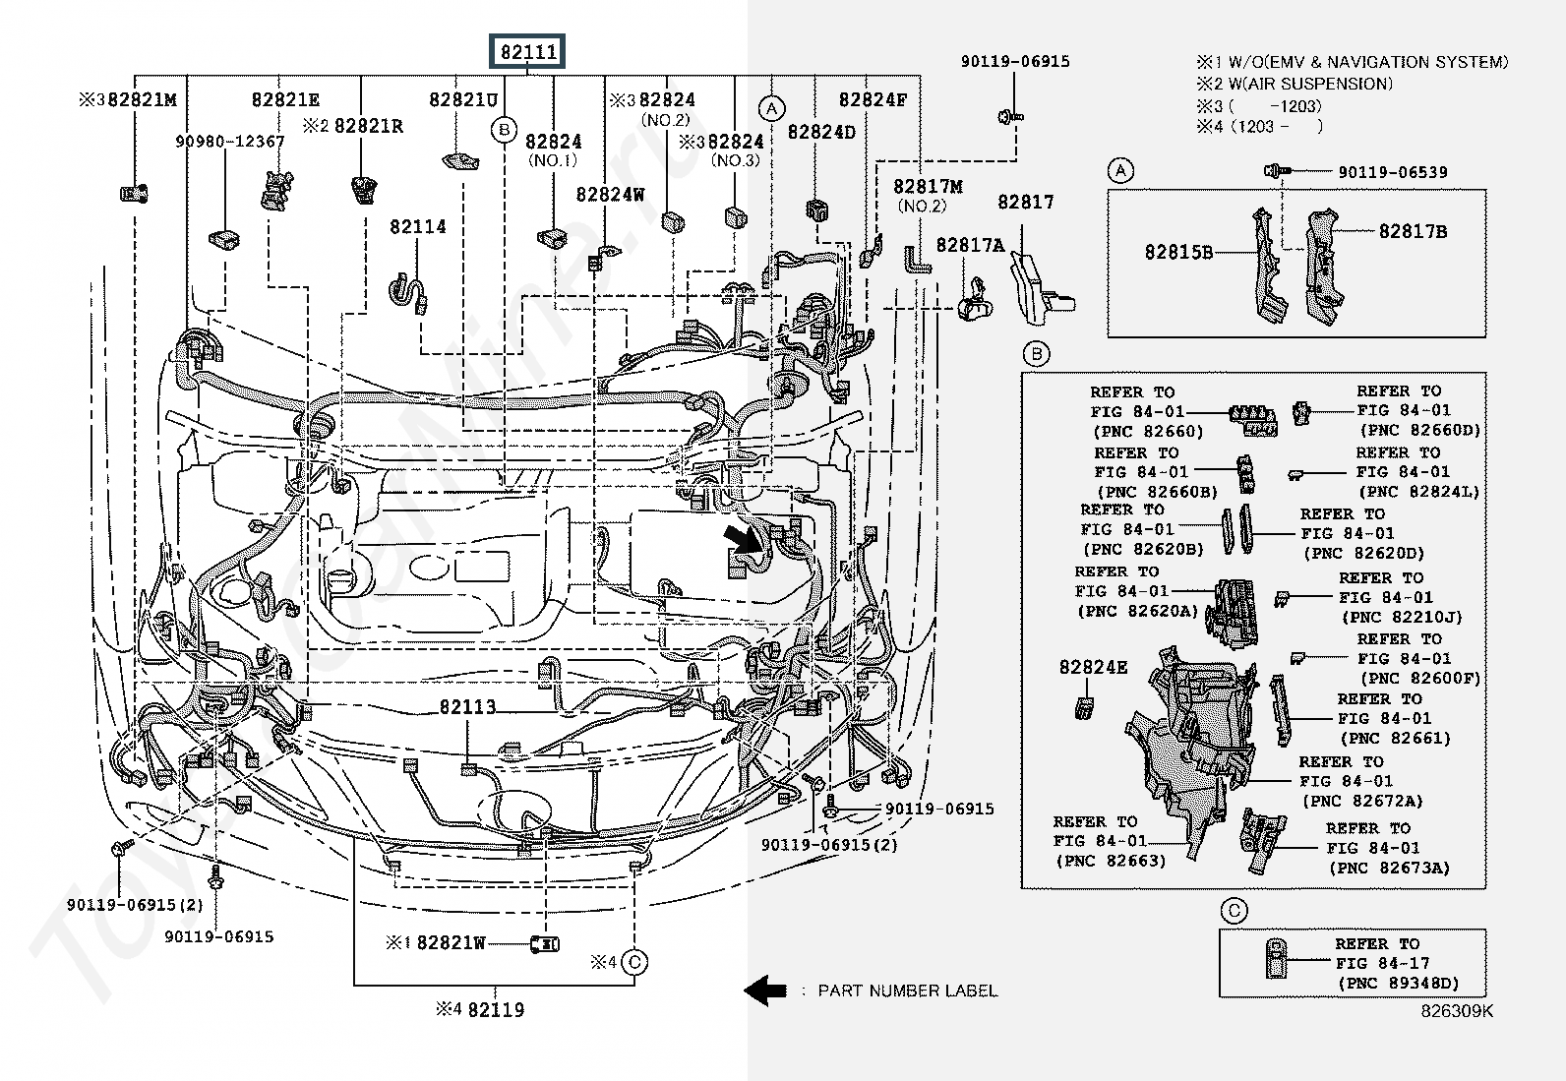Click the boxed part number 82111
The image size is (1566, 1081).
tap(528, 51)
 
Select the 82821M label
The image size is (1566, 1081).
tap(142, 99)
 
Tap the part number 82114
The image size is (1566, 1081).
tap(417, 227)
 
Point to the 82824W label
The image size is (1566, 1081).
tap(610, 195)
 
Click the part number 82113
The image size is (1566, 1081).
tap(467, 707)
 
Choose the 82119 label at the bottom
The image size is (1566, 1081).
tap(495, 1009)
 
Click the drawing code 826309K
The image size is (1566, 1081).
tap(1456, 1011)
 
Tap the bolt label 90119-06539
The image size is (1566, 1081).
tap(1392, 172)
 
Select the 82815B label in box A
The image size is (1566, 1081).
tap(1178, 252)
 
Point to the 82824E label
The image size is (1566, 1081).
tap(1093, 667)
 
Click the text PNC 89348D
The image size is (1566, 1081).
tap(1397, 983)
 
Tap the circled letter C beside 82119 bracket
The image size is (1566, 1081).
tap(635, 962)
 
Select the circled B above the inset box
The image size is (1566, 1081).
tap(1036, 354)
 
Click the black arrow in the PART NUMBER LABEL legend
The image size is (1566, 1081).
tap(764, 991)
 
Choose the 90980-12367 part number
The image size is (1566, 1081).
tap(230, 142)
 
